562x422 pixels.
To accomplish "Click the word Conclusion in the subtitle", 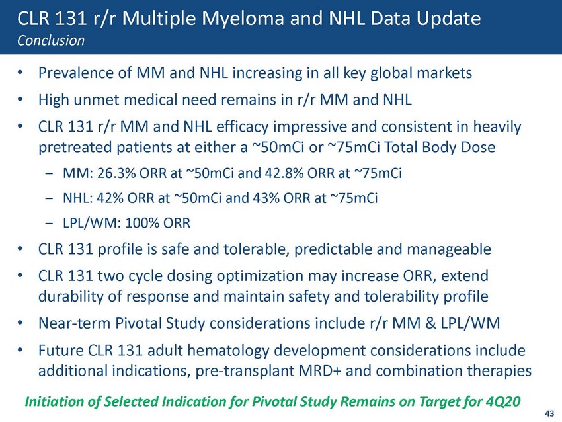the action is point(51,40).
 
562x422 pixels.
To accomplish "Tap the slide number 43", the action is point(549,413).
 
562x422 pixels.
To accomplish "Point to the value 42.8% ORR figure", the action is point(284,173).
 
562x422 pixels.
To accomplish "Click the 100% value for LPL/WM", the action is point(142,223).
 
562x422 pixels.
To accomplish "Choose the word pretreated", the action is point(75,148).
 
